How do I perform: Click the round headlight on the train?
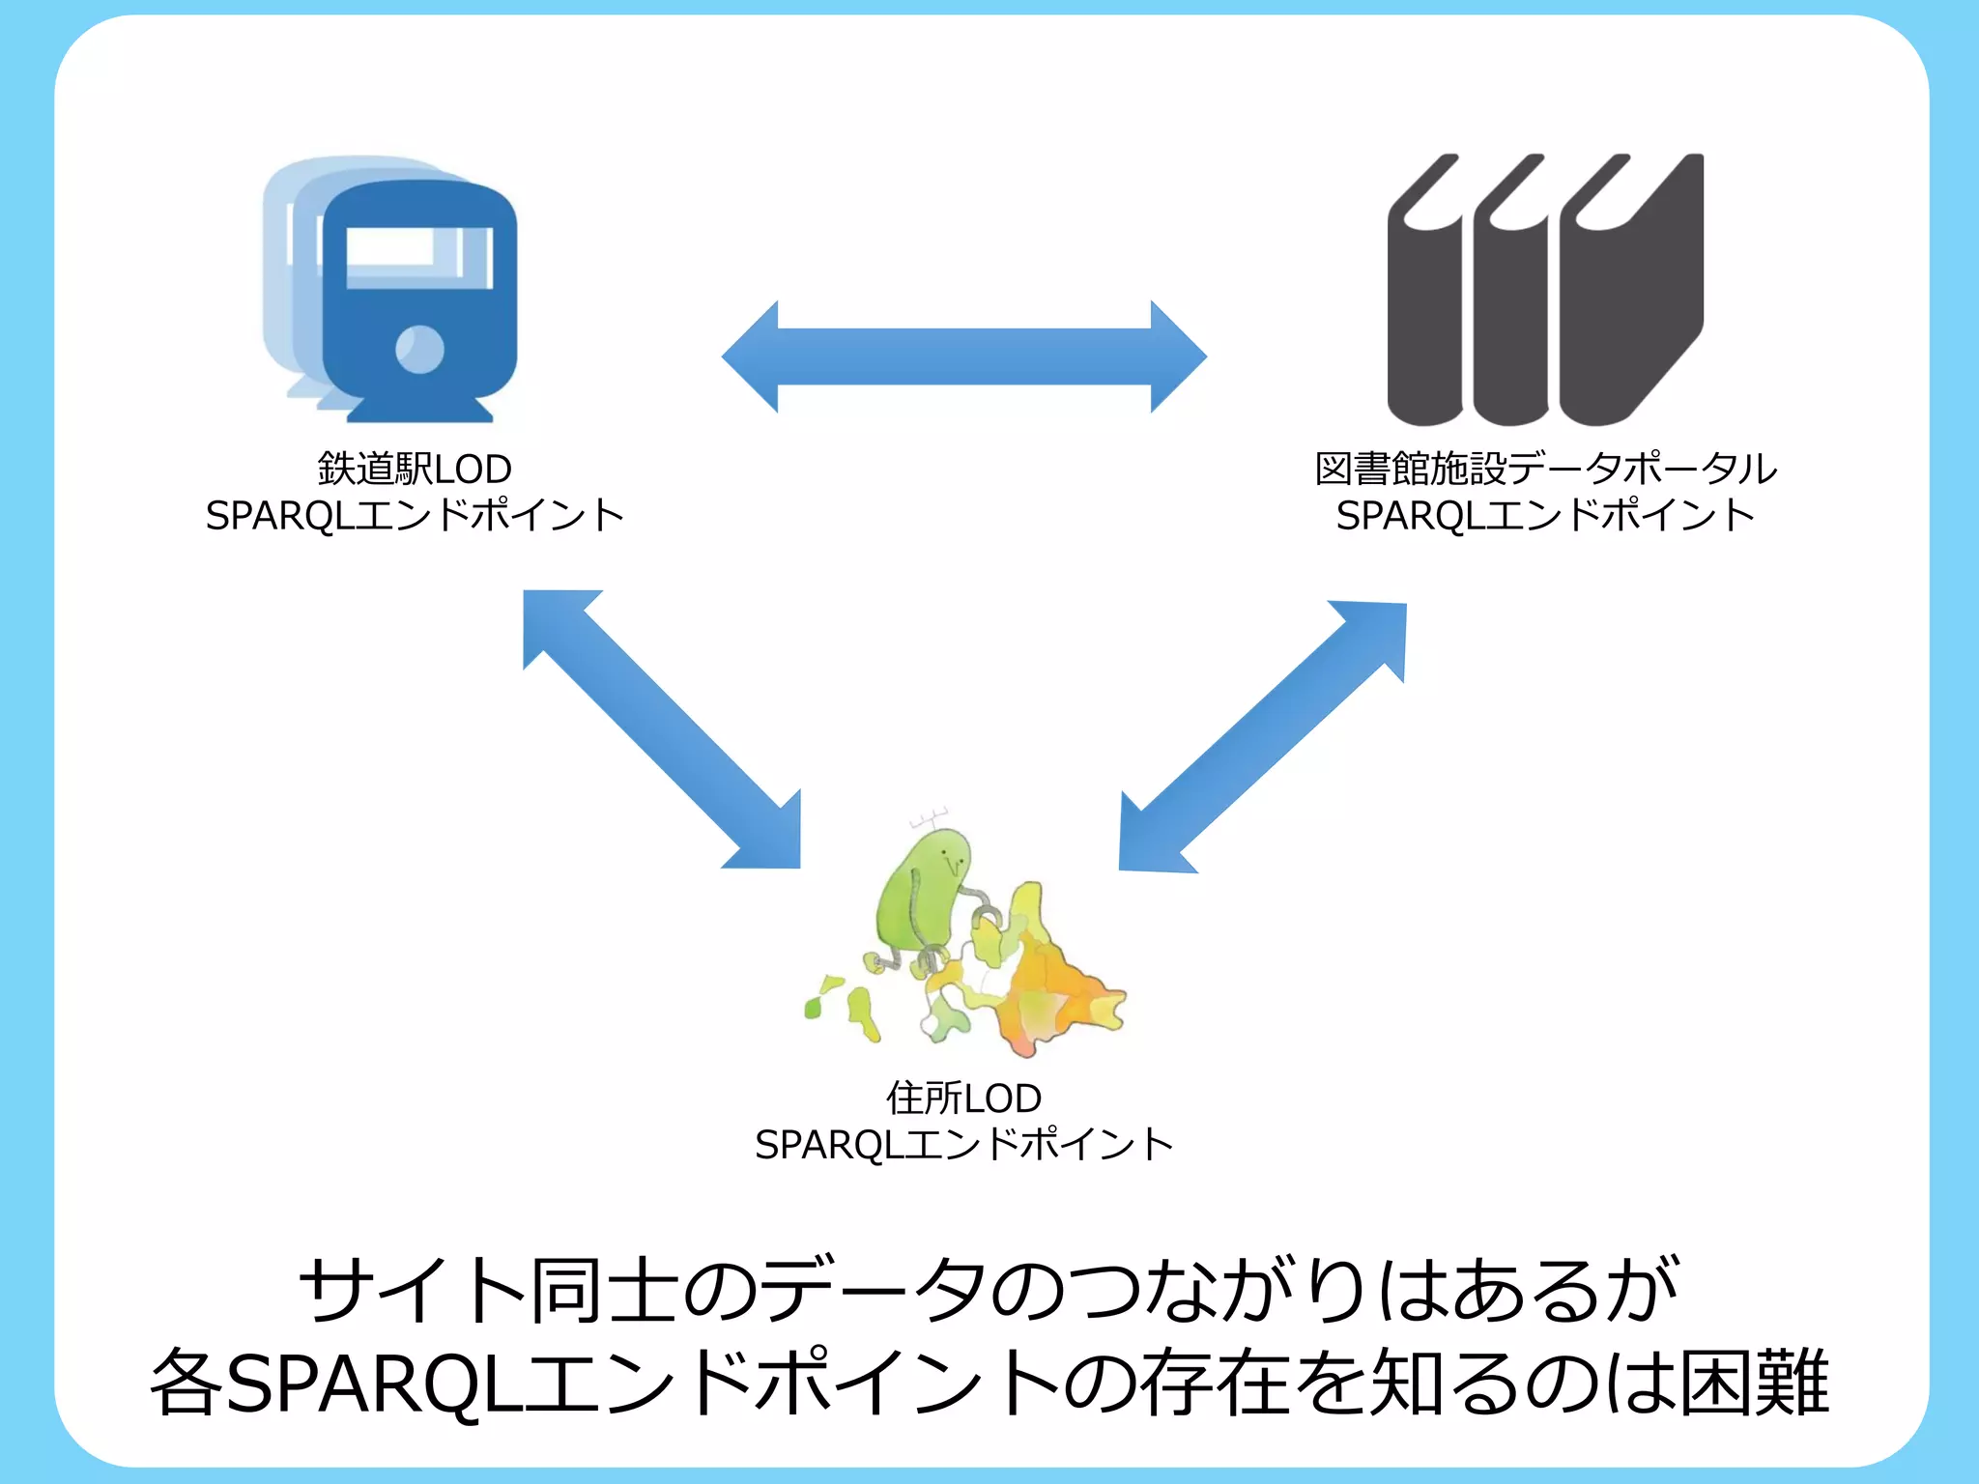(x=420, y=349)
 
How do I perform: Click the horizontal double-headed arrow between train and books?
(x=963, y=357)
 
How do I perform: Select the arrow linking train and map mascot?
(x=662, y=729)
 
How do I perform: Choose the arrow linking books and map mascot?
(x=1262, y=737)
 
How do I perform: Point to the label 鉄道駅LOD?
(x=415, y=470)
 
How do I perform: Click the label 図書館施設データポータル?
(x=1545, y=470)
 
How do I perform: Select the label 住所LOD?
(x=963, y=1099)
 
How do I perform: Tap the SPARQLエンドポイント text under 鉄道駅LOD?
(x=415, y=516)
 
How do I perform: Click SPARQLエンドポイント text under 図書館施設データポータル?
(x=1545, y=516)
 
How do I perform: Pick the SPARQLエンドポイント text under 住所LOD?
(x=963, y=1145)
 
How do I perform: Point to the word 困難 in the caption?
(x=1754, y=1384)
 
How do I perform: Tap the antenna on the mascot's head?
(x=929, y=819)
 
